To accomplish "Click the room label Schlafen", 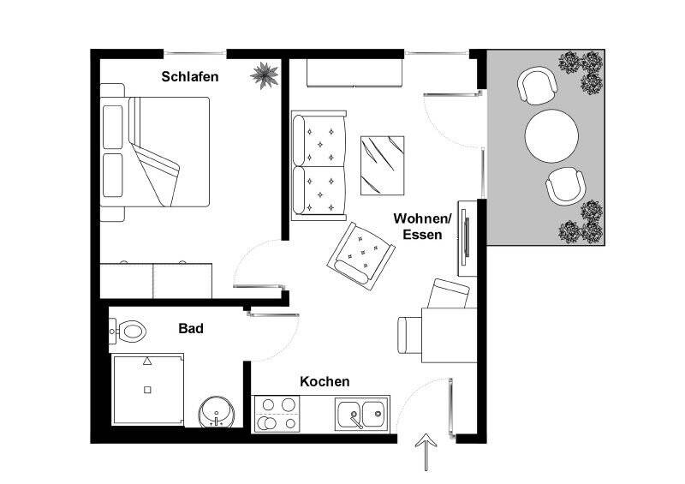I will click(x=190, y=76).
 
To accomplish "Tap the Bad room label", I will click(x=190, y=328).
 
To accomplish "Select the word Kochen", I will click(x=325, y=382).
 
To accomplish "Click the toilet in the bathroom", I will click(x=128, y=330).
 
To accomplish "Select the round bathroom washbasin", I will click(x=215, y=412).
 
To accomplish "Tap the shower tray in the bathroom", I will click(x=148, y=390).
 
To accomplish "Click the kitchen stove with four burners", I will click(x=278, y=413).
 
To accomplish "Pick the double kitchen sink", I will click(x=361, y=414).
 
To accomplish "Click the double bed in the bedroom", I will click(x=155, y=152).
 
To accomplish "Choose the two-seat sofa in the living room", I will click(x=319, y=164).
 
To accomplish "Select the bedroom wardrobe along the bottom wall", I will click(x=156, y=280).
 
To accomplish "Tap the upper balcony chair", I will click(x=537, y=86).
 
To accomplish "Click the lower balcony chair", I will click(x=565, y=185).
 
